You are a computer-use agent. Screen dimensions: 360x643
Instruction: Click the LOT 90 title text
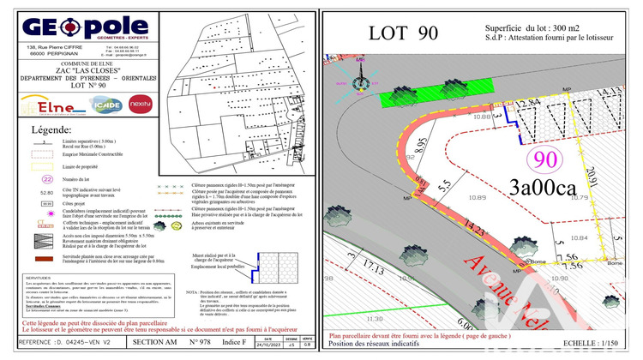(403, 33)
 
